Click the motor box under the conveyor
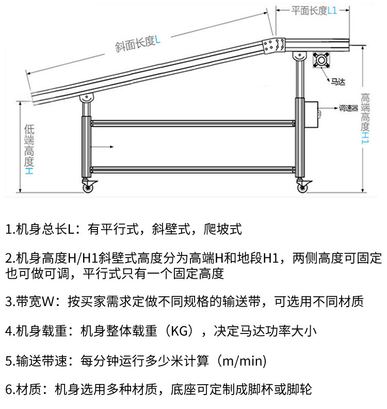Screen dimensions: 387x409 coord(323,60)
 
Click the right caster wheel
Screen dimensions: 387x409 coord(302,185)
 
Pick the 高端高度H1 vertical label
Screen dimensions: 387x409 coord(365,119)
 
